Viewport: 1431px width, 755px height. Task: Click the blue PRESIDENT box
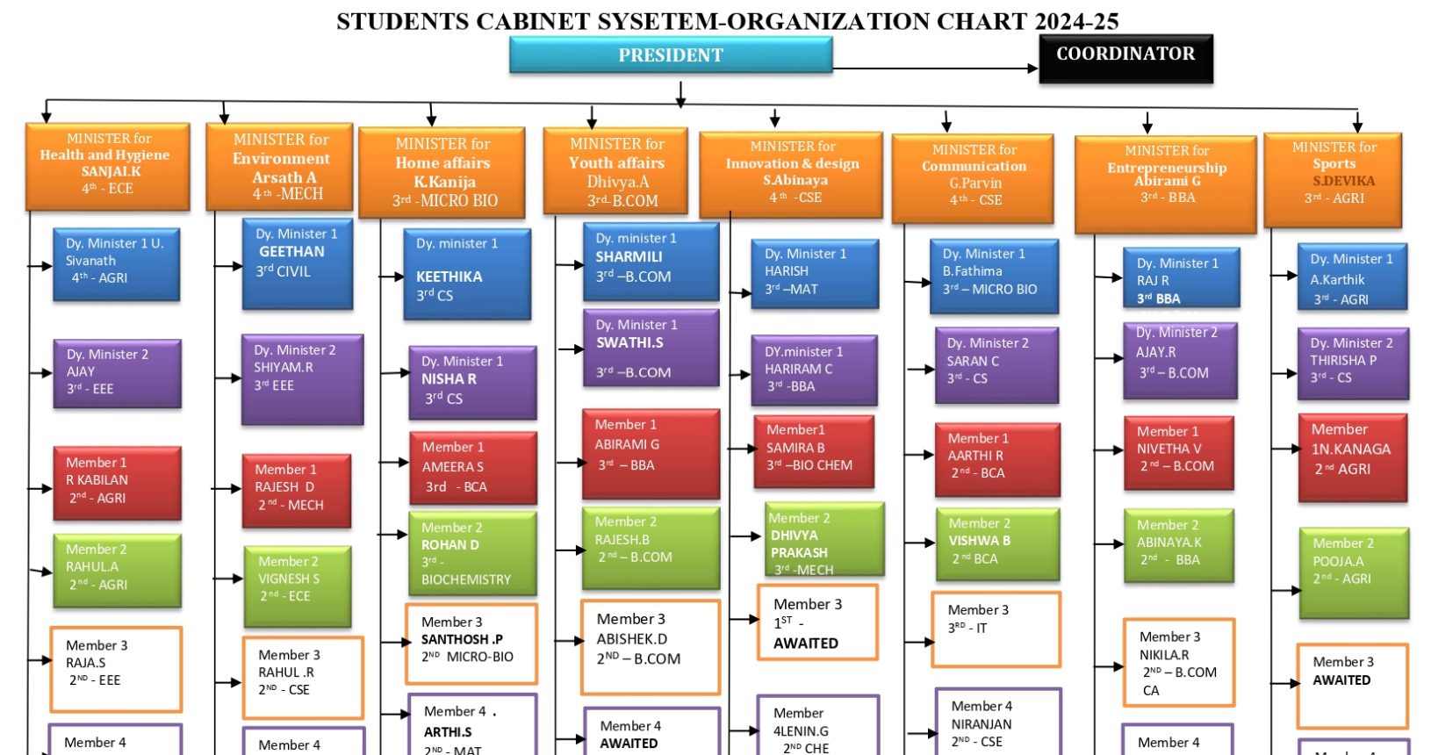pyautogui.click(x=671, y=55)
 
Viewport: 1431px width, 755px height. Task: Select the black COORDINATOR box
pyautogui.click(x=1125, y=58)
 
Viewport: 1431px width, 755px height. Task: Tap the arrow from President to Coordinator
pyautogui.click(x=935, y=68)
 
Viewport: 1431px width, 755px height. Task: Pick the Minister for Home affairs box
pyautogui.click(x=442, y=172)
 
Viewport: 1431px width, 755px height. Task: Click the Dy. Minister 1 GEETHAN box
pyautogui.click(x=298, y=263)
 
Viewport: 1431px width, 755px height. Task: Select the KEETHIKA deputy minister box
pyautogui.click(x=467, y=273)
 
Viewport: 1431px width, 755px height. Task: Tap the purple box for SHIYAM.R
pyautogui.click(x=302, y=378)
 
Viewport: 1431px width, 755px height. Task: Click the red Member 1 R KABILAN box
pyautogui.click(x=117, y=482)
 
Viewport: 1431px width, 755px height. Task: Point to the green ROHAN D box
pyautogui.click(x=471, y=553)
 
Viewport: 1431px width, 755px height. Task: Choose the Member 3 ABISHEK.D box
pyautogui.click(x=650, y=646)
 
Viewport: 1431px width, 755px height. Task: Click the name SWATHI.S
pyautogui.click(x=629, y=343)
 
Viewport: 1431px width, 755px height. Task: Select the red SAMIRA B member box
pyautogui.click(x=813, y=450)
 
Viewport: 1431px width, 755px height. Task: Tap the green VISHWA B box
pyautogui.click(x=996, y=543)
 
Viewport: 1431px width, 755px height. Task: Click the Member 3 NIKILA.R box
pyautogui.click(x=1178, y=662)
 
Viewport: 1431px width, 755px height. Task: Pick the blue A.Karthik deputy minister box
pyautogui.click(x=1352, y=277)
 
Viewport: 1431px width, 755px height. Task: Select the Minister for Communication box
pyautogui.click(x=973, y=177)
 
